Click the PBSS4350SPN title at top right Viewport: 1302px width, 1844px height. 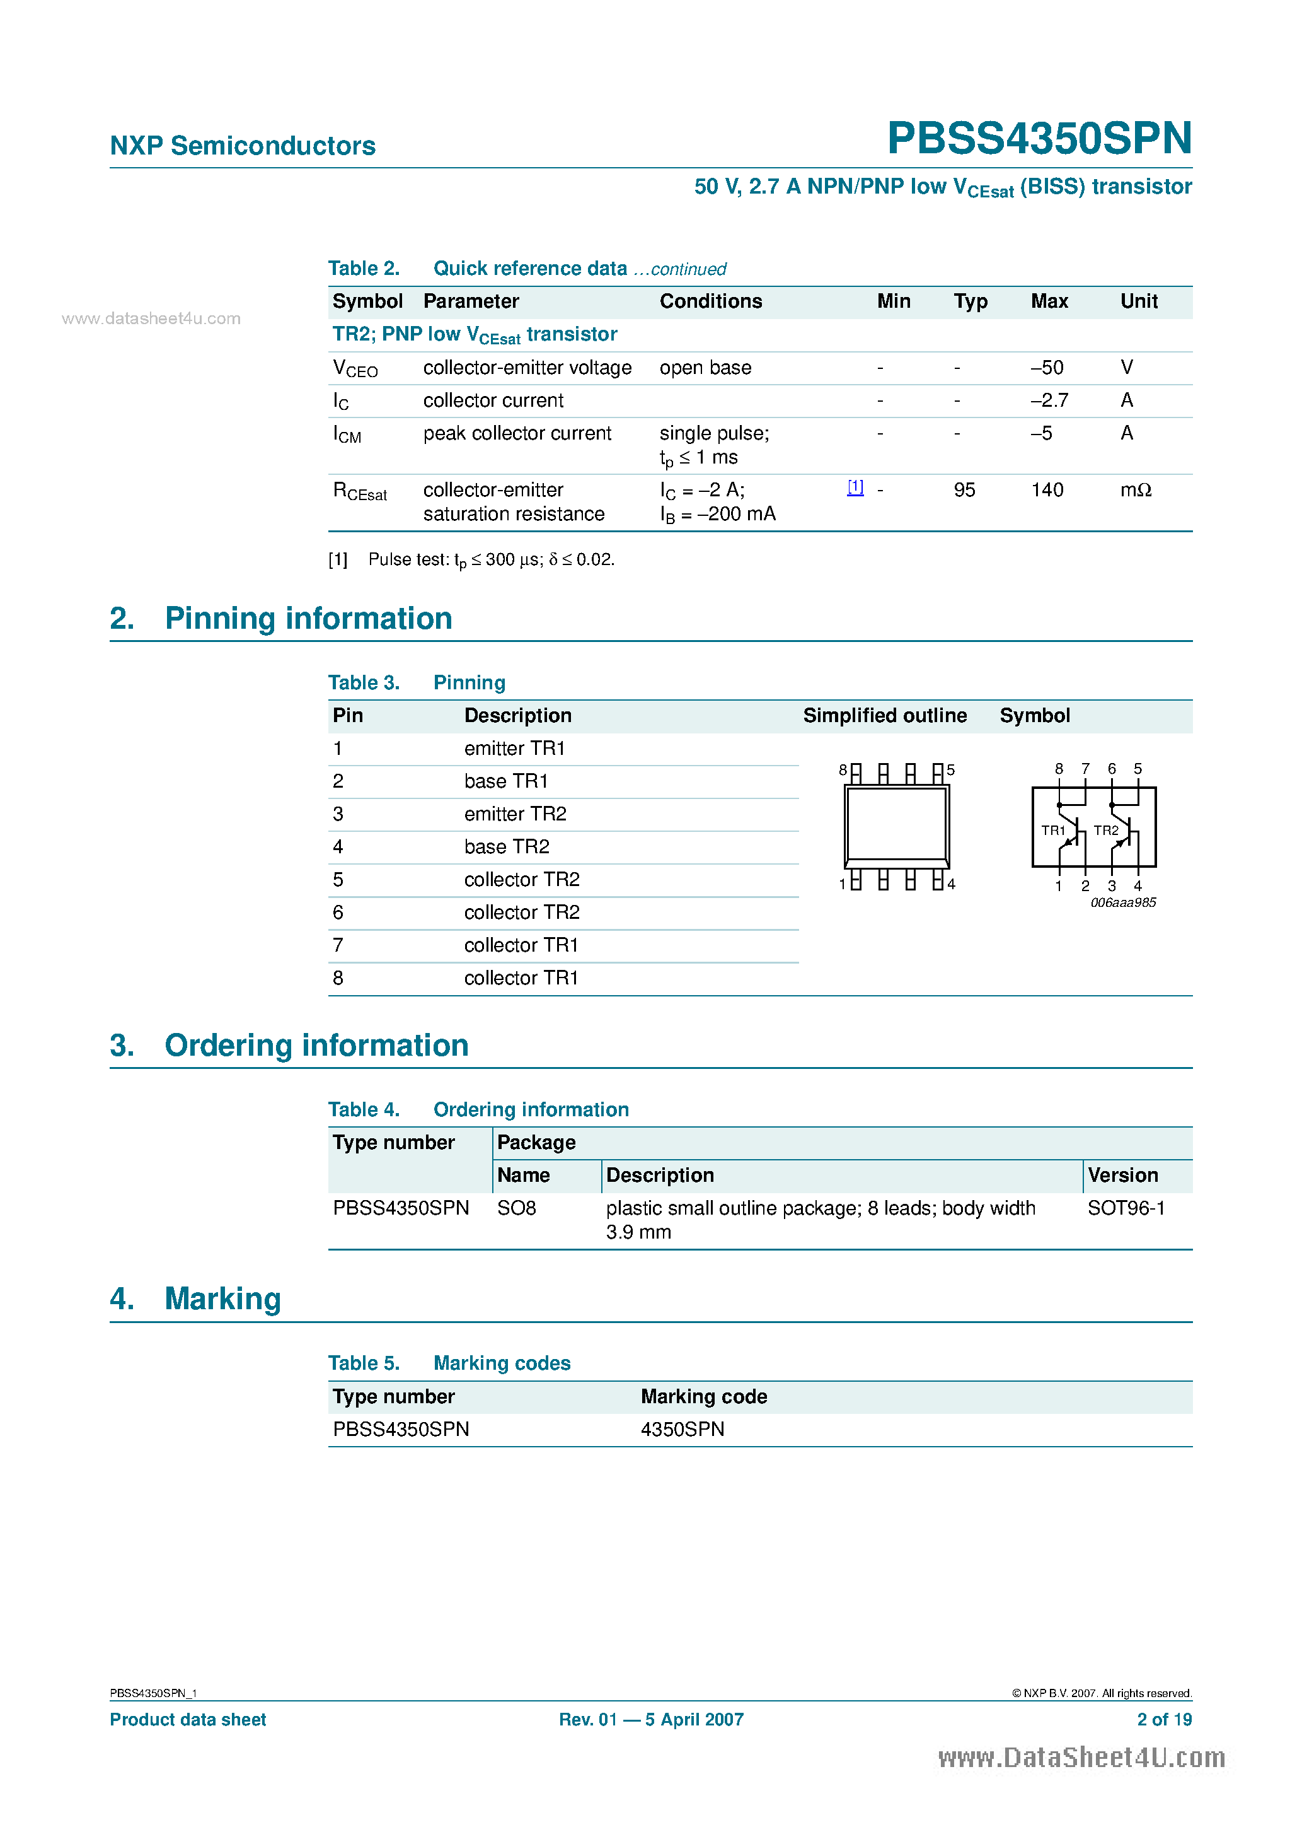(1039, 138)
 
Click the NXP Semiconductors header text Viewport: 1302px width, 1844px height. (243, 146)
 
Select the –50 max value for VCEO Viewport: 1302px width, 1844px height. (1047, 368)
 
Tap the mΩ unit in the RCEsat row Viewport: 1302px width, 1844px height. (1135, 490)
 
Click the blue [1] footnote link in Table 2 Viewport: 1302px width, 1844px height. (856, 487)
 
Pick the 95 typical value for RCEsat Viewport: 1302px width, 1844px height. (964, 490)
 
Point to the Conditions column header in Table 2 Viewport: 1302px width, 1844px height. (710, 301)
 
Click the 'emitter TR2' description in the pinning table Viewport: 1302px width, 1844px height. (514, 814)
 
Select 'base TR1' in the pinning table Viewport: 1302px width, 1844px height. (505, 781)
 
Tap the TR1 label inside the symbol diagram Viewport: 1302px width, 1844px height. (1052, 831)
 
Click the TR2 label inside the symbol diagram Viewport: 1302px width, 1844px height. (1105, 831)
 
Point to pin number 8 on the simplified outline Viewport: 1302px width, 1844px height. (843, 770)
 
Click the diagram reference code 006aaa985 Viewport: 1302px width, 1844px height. (1123, 902)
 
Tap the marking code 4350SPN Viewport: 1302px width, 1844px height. (683, 1430)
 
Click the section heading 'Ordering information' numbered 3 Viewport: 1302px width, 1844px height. (316, 1046)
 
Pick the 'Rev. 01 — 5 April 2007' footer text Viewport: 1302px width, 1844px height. (651, 1720)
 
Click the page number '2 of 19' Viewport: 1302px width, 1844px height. (1164, 1720)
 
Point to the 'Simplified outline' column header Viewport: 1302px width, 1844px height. (885, 716)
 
